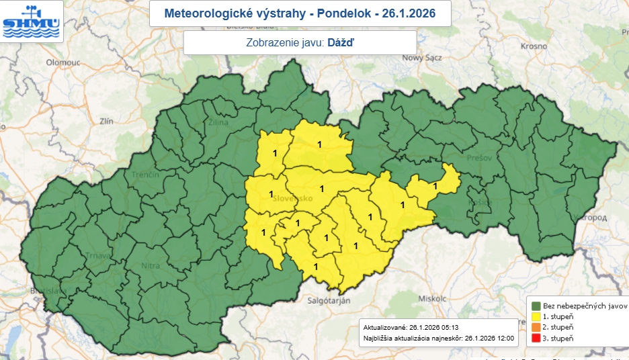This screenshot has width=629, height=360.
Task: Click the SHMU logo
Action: pos(32,21)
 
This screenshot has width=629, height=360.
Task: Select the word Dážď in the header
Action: pos(341,42)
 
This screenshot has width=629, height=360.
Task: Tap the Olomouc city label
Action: pos(62,62)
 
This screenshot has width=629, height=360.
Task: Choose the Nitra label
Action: pos(151,266)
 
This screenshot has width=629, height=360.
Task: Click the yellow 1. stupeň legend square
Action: pos(536,316)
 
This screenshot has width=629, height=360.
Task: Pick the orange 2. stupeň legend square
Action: pos(536,327)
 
